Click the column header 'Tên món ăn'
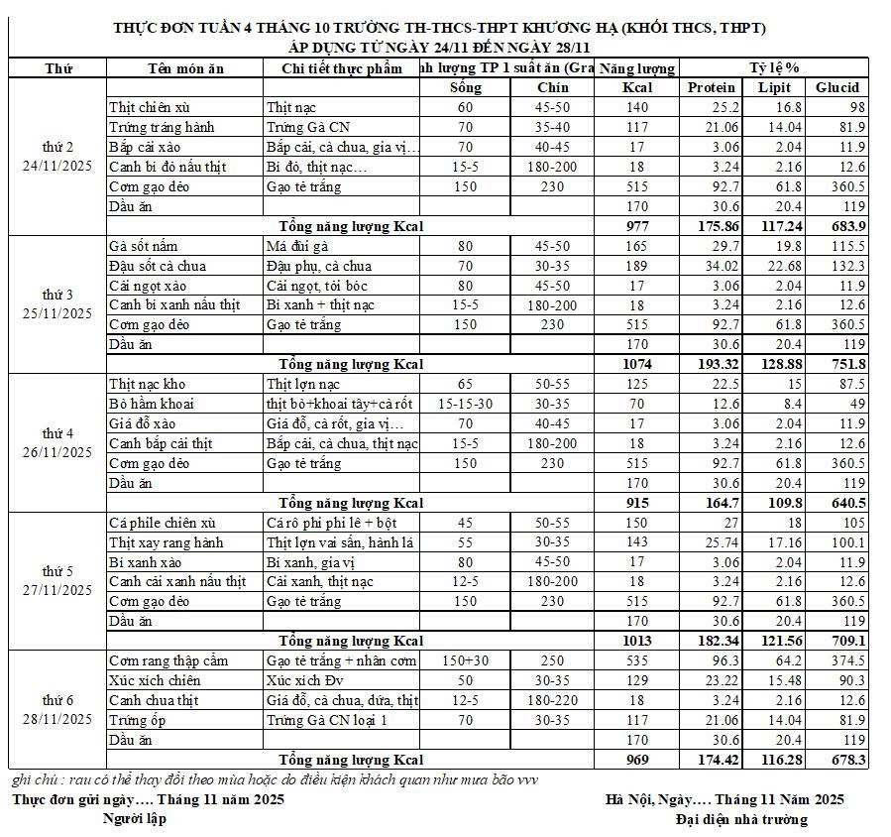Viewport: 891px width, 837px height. [x=183, y=68]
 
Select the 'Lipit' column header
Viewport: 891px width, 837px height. [x=774, y=87]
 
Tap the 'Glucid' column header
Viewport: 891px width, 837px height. [x=837, y=87]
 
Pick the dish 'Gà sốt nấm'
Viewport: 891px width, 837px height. [x=144, y=245]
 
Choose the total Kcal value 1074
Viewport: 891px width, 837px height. [x=636, y=364]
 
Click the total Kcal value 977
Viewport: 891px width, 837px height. [x=636, y=225]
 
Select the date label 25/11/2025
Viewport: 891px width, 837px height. [x=56, y=313]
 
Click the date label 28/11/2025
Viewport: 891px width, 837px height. [x=56, y=719]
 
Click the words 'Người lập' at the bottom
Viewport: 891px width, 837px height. [x=135, y=818]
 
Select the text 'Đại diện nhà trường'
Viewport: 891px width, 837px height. [x=741, y=819]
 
